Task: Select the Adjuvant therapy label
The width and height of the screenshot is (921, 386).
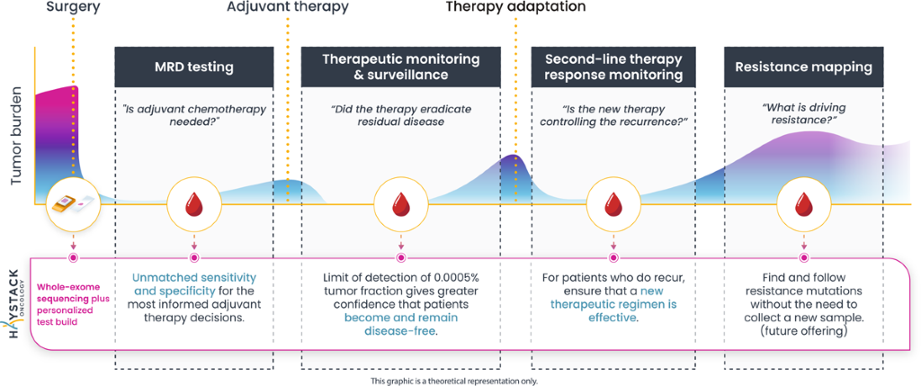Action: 274,9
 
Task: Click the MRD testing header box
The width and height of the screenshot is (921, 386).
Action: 193,67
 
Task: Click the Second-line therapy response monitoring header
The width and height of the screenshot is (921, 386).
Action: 613,67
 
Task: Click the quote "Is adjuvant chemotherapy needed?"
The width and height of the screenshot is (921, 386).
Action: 193,116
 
